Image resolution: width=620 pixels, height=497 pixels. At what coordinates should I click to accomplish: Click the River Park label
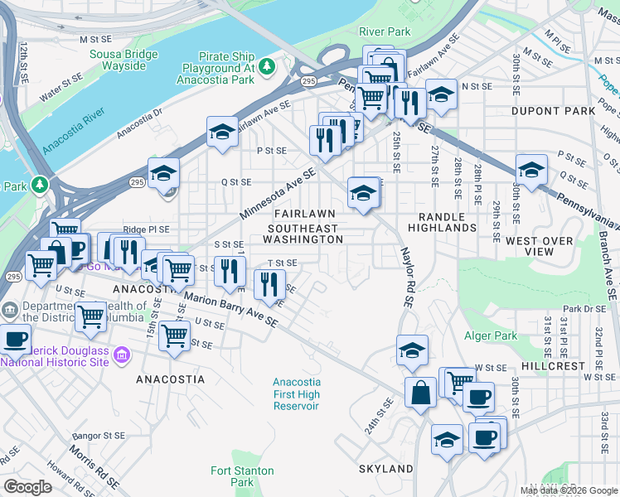click(385, 31)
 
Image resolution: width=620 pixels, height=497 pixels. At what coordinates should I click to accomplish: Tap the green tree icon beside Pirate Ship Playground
click(266, 65)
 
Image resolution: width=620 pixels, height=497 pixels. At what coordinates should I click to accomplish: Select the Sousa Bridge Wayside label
click(129, 60)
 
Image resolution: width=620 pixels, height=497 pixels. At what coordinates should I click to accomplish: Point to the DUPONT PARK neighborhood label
click(554, 110)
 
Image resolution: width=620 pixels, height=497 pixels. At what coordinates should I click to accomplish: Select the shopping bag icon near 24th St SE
click(420, 391)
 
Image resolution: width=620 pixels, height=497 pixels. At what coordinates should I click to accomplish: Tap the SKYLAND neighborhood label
click(385, 469)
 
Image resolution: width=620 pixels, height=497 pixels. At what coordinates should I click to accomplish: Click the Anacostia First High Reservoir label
click(297, 394)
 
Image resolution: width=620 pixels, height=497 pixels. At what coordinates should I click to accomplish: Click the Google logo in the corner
click(27, 487)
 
